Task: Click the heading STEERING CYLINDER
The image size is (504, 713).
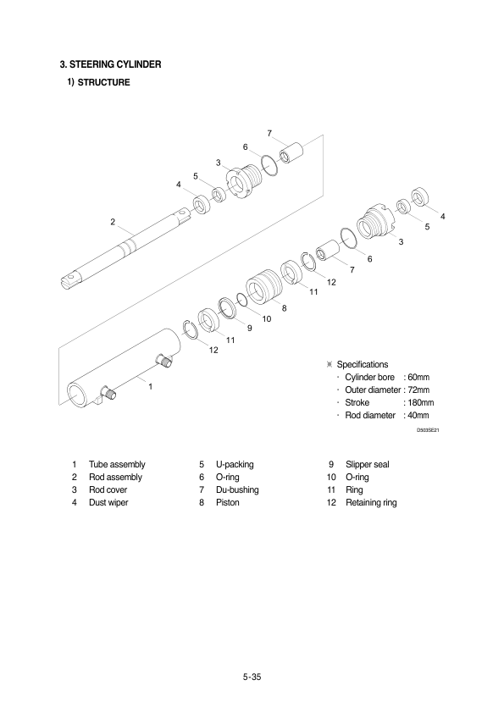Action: coord(115,64)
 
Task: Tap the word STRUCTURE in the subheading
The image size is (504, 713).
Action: coord(103,82)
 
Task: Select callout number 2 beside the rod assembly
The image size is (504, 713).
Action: coord(113,222)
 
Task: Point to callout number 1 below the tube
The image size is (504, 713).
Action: coord(151,386)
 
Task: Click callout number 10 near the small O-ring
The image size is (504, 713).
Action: coord(267,318)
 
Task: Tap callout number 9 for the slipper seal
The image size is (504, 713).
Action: coord(250,328)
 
